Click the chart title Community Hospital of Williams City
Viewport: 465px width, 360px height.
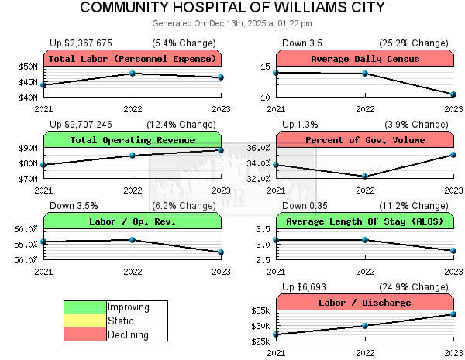point(232,9)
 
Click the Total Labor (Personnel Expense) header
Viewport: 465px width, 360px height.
point(133,59)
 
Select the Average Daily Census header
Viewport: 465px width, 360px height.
point(365,59)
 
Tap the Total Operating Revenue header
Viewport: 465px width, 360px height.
point(133,140)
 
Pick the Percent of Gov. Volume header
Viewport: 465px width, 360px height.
point(365,140)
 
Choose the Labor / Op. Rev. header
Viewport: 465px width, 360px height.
point(133,221)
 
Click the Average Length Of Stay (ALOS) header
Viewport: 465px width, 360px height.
point(365,221)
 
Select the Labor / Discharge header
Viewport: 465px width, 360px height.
point(365,303)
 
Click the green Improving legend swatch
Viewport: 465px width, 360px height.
point(85,307)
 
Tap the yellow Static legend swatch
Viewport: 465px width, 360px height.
point(85,321)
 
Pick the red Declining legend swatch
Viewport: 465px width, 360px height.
point(85,334)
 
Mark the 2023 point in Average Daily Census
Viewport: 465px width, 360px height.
point(453,94)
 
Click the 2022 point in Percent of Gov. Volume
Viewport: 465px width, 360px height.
point(365,177)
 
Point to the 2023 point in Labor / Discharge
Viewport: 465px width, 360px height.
point(453,314)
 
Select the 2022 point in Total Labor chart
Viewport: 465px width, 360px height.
point(133,74)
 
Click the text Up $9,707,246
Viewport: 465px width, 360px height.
point(81,124)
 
